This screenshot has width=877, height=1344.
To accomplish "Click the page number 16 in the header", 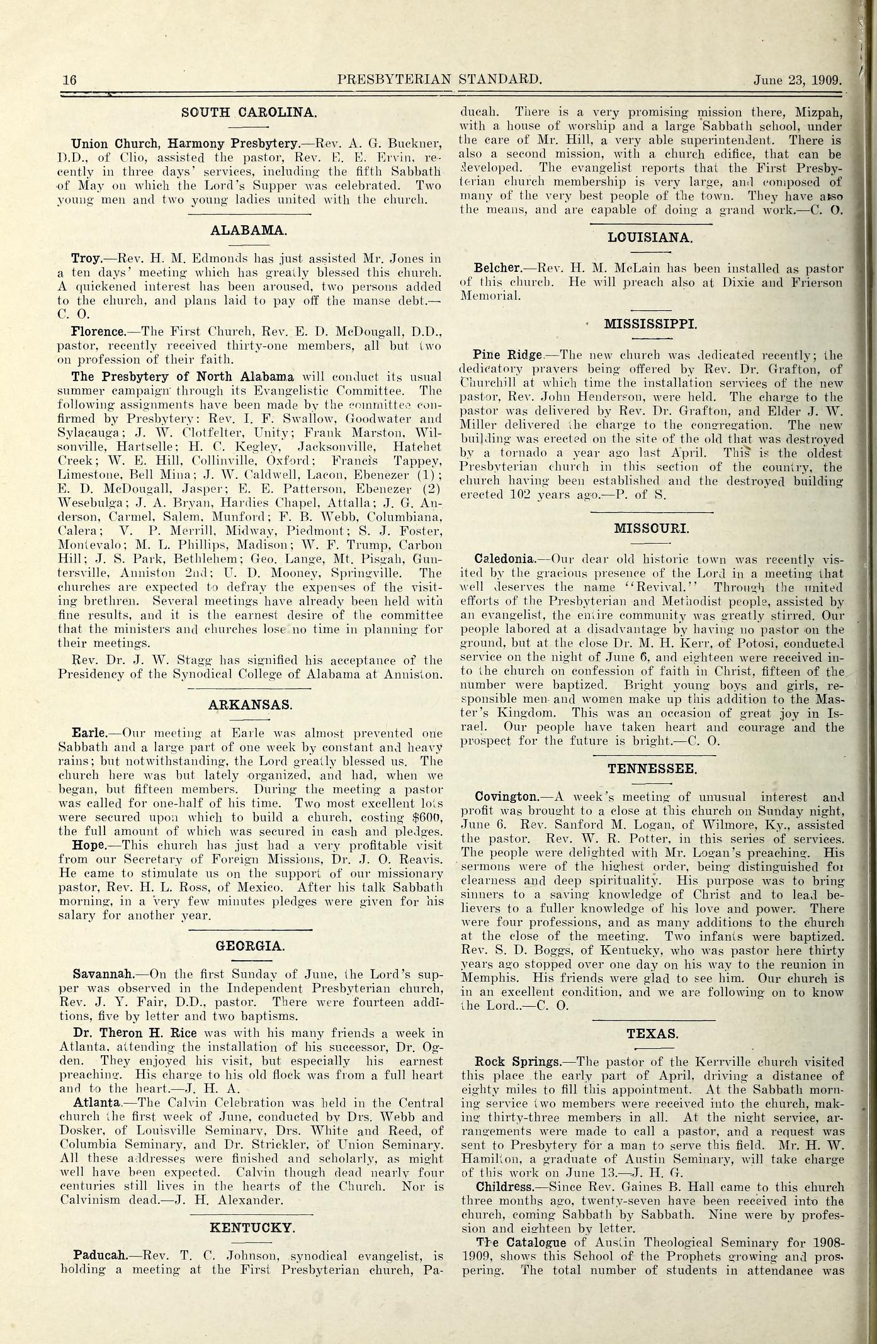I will [x=69, y=80].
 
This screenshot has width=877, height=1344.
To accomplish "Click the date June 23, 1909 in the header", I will [x=798, y=81].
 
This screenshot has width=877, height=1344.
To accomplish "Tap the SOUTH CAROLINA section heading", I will [x=249, y=113].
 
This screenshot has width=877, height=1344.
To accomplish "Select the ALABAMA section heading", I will [x=249, y=230].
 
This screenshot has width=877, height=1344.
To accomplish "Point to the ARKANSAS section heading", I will [x=250, y=705].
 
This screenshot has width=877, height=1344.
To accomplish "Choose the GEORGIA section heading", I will [x=250, y=946].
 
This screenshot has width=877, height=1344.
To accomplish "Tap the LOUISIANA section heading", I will [x=651, y=237].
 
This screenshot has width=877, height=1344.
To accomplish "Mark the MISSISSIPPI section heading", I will [x=650, y=324].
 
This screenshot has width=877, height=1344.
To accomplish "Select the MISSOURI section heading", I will [x=651, y=528].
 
